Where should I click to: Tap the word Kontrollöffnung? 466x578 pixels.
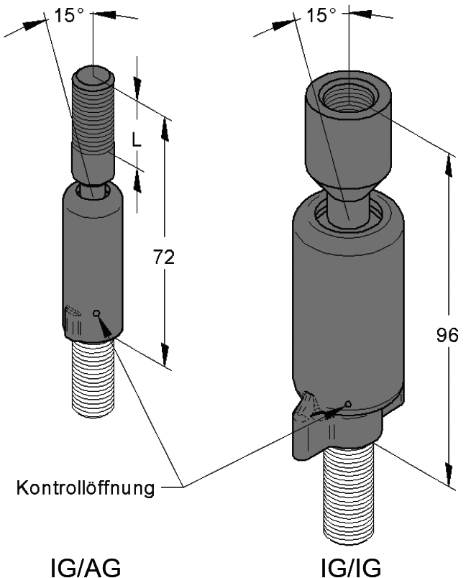pos(86,488)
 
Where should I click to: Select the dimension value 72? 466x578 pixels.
pos(165,257)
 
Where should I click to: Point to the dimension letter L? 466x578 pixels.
pos(137,141)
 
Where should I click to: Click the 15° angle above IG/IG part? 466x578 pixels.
pos(321,15)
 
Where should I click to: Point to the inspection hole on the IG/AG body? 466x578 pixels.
pos(96,313)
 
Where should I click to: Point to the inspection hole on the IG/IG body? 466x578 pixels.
pos(348,403)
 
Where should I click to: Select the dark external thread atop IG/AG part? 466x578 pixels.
pos(92,108)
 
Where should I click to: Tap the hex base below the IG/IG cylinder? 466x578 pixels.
pos(338,431)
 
